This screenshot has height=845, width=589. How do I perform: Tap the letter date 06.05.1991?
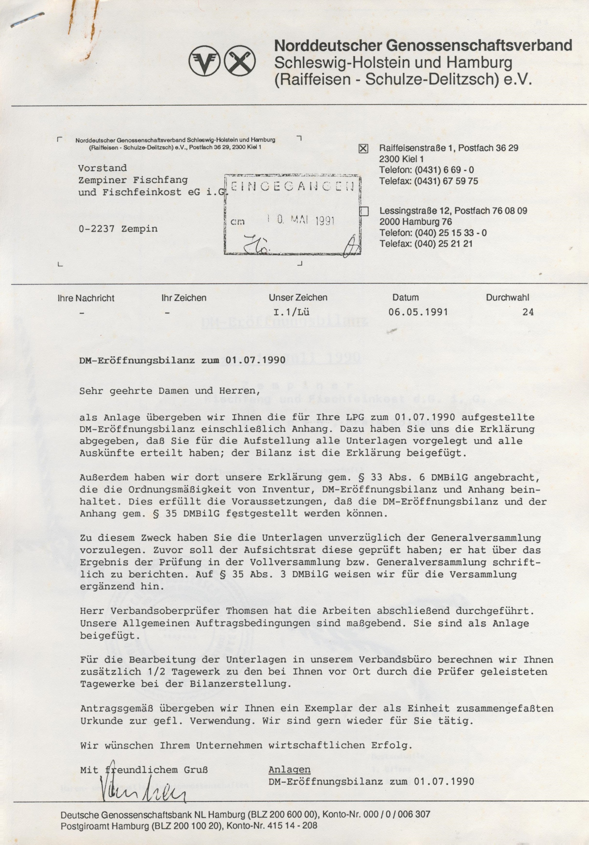418,312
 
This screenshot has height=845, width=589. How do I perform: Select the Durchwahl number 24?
528,312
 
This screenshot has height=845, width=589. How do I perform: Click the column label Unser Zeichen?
298,298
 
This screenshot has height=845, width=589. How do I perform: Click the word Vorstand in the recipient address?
102,168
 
